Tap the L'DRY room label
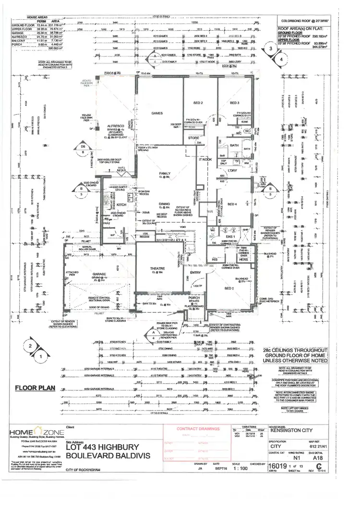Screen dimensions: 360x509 234,171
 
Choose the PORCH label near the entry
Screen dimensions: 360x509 194,299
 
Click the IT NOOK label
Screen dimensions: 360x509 205,159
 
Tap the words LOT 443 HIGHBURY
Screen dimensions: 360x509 103,447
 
